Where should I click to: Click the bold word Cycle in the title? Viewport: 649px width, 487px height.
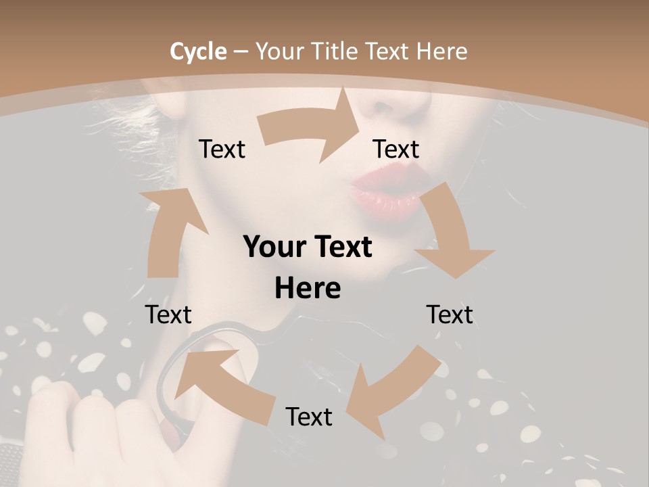point(198,51)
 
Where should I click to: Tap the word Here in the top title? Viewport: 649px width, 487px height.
point(442,51)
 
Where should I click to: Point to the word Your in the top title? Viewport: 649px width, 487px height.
point(279,51)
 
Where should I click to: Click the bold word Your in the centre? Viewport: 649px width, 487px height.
point(273,248)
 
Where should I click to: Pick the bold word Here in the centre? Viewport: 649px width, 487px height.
point(308,289)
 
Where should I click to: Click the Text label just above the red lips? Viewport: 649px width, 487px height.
point(396,149)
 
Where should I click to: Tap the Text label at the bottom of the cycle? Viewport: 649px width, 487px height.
point(309,417)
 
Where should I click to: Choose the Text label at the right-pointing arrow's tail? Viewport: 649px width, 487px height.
point(222,149)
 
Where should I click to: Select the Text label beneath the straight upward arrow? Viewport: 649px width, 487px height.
point(168,315)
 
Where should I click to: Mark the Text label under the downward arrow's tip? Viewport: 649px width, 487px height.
point(450,315)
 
